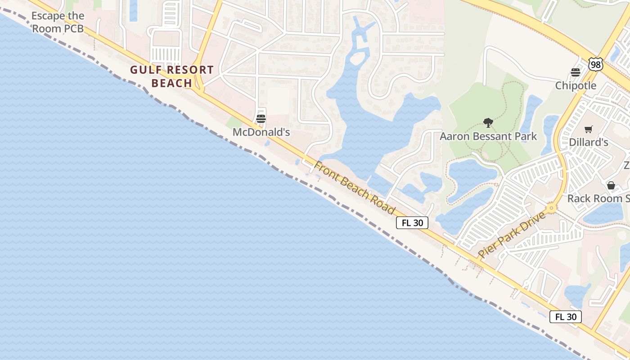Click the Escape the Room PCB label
click(58, 22)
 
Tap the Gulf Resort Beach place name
click(172, 76)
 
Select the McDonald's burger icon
click(261, 119)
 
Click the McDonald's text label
click(261, 132)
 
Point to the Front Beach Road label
click(355, 188)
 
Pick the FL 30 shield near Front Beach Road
click(412, 223)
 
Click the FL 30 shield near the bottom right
click(566, 317)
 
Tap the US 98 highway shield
click(596, 65)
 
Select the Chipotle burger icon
click(575, 72)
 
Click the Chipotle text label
click(576, 85)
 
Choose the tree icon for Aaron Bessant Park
click(488, 122)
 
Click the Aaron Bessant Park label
click(488, 136)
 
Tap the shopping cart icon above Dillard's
click(588, 129)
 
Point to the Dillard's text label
click(589, 142)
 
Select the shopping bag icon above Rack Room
click(611, 185)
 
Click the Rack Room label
click(598, 198)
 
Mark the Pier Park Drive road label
click(512, 235)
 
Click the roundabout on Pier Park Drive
click(551, 209)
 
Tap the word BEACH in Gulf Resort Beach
click(172, 83)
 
